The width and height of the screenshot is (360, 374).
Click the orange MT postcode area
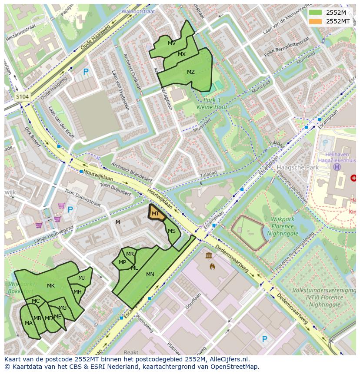156,213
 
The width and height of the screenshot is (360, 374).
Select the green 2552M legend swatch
316,13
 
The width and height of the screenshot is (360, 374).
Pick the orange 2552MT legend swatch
316,21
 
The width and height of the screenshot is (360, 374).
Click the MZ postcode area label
191,72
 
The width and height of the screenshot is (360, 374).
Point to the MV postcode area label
172,43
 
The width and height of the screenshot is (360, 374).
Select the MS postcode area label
172,231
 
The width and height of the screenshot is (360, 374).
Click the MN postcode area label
150,274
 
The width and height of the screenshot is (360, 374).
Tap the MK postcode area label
51,285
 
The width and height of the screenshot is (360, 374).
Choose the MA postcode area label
29,323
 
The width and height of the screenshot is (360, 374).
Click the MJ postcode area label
82,278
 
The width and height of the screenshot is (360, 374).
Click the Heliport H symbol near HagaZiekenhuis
337,167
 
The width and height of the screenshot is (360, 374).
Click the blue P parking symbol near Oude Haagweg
86,72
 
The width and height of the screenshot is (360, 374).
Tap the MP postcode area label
122,262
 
